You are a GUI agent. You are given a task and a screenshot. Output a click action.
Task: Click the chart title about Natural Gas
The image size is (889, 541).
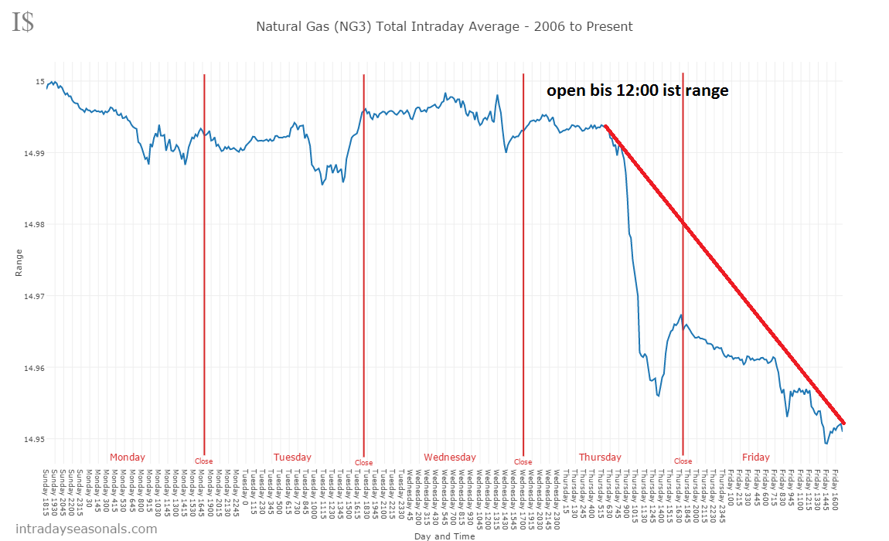444,27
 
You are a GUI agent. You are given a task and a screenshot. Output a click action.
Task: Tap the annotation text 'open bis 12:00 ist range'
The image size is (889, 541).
638,90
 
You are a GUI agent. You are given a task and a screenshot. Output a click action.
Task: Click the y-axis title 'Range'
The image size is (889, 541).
19,263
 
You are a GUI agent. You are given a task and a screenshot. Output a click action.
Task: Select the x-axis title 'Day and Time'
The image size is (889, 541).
444,536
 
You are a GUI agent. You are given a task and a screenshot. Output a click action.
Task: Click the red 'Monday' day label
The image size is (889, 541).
127,457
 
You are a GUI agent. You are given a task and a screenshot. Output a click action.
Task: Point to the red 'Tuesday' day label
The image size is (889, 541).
292,457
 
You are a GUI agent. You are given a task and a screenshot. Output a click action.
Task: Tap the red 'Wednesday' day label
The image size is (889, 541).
450,457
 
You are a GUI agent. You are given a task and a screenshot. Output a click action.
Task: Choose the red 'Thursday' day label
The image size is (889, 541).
600,457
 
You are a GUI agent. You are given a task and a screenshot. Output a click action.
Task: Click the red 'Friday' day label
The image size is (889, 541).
755,457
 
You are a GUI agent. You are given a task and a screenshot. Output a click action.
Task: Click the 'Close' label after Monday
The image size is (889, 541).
203,461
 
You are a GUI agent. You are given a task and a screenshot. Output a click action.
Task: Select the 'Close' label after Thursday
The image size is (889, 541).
683,461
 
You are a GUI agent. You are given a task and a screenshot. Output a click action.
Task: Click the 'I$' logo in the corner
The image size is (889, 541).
22,22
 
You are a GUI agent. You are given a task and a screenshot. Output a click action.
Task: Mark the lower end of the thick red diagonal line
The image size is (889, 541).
843,423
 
